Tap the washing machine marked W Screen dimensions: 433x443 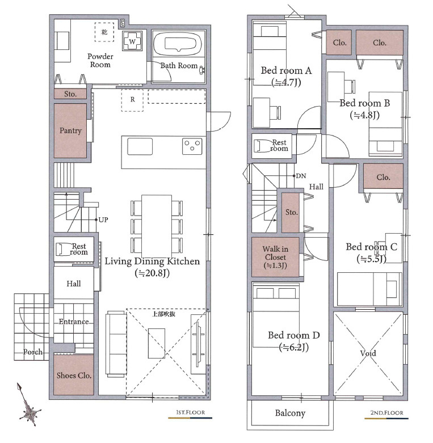[x=132, y=41]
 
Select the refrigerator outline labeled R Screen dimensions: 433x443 [x=132, y=100]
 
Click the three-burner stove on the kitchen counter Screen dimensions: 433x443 [x=192, y=146]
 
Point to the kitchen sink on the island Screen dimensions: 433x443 [x=140, y=146]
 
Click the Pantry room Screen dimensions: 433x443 [x=70, y=130]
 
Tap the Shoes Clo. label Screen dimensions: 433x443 [x=74, y=376]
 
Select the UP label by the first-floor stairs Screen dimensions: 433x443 [x=103, y=220]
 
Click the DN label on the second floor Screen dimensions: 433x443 [x=301, y=176]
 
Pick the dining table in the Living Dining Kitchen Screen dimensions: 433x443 [x=157, y=226]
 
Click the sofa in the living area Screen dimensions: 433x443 [x=116, y=344]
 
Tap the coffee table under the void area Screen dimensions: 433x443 [x=157, y=343]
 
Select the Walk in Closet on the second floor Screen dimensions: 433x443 [x=275, y=257]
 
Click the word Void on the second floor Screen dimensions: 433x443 [x=368, y=353]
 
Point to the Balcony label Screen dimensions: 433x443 [x=290, y=413]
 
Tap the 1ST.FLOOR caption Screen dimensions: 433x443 [x=191, y=412]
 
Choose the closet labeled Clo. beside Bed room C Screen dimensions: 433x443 [x=383, y=176]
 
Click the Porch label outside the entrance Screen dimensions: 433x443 [x=33, y=352]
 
